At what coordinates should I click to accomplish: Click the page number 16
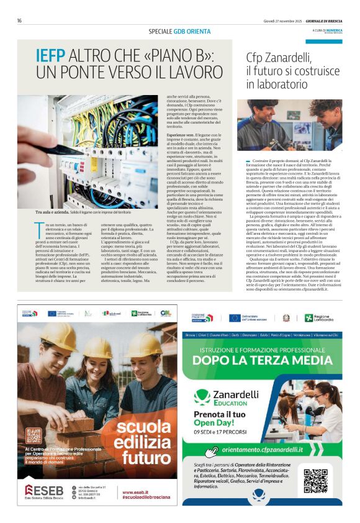click(20, 20)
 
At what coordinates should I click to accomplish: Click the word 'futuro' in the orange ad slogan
click(150, 458)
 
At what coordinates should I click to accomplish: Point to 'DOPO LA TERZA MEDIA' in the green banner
click(262, 360)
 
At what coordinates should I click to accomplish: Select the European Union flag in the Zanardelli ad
click(235, 318)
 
